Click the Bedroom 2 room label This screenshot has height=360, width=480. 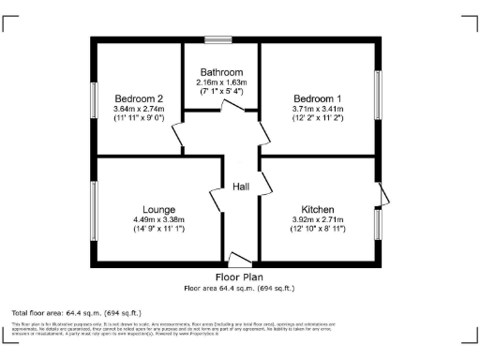tap(140, 98)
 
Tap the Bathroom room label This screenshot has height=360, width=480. tap(220, 72)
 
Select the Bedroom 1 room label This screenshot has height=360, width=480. tap(318, 98)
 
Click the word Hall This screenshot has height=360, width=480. tap(241, 187)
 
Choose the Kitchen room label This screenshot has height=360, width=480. tap(319, 209)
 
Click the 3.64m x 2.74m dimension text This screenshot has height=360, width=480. tap(140, 110)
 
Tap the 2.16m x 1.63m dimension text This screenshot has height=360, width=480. tap(220, 82)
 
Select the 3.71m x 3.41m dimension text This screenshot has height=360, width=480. tap(318, 110)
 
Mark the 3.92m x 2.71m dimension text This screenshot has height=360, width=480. tap(319, 220)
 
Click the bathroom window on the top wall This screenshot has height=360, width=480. tap(220, 39)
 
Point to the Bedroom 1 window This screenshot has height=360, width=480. tap(379, 93)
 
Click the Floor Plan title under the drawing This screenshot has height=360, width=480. tap(239, 277)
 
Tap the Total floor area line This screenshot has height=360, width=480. tap(76, 311)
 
